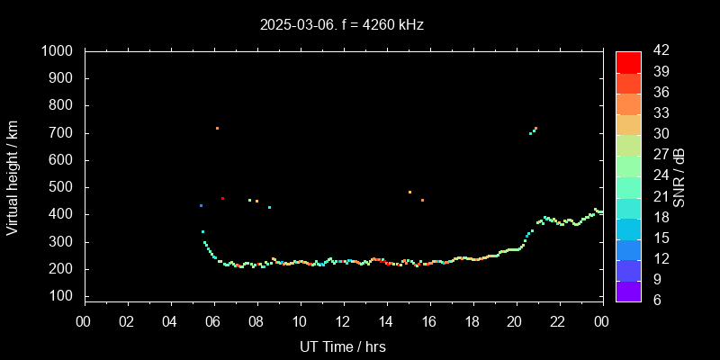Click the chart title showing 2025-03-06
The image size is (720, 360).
coord(342,25)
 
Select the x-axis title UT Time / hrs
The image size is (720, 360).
coord(343,346)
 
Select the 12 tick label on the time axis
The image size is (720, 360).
coord(343,321)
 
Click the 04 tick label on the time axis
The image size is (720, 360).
coord(171,321)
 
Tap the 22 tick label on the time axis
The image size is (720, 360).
coord(558,321)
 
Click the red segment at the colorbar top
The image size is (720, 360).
coord(628,61)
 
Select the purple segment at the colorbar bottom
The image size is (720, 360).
coord(628,290)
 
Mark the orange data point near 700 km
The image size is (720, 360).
coord(217,128)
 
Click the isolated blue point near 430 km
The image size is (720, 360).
coord(201,205)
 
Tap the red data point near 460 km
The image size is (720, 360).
coord(222,198)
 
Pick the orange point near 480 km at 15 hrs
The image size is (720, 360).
coord(409,192)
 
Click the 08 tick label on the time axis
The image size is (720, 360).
coord(256,321)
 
